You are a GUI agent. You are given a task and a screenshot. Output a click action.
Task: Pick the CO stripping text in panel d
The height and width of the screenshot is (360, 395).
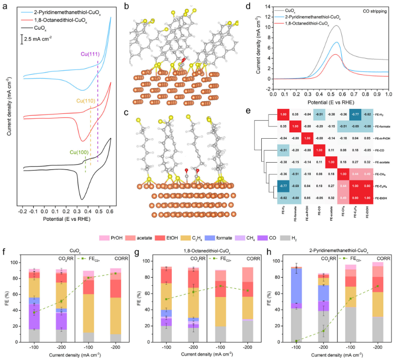click(x=373, y=10)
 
